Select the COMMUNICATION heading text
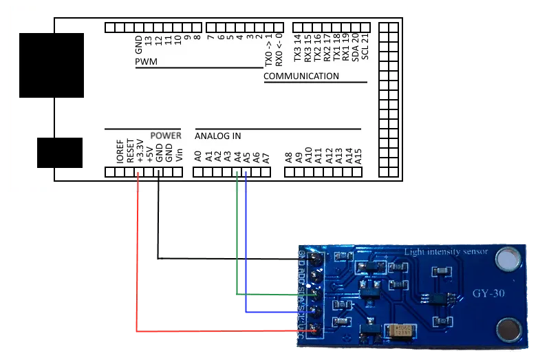tap(301, 76)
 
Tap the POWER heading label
tap(166, 136)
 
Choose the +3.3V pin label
tap(140, 150)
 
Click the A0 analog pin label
tap(198, 156)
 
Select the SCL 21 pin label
tap(365, 45)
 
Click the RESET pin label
tap(129, 151)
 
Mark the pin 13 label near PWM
tap(149, 48)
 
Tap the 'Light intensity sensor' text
tap(446, 252)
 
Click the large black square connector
tap(52, 65)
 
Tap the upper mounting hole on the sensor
tap(508, 258)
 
